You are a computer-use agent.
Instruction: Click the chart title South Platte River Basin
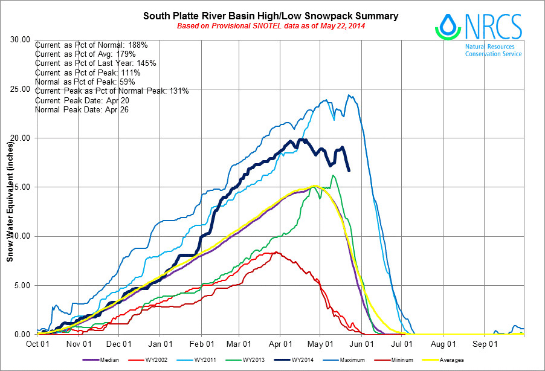(270, 15)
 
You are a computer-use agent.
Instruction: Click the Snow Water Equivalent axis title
(10, 199)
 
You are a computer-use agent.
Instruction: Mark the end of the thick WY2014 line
(349, 171)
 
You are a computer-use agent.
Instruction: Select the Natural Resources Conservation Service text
(493, 50)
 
